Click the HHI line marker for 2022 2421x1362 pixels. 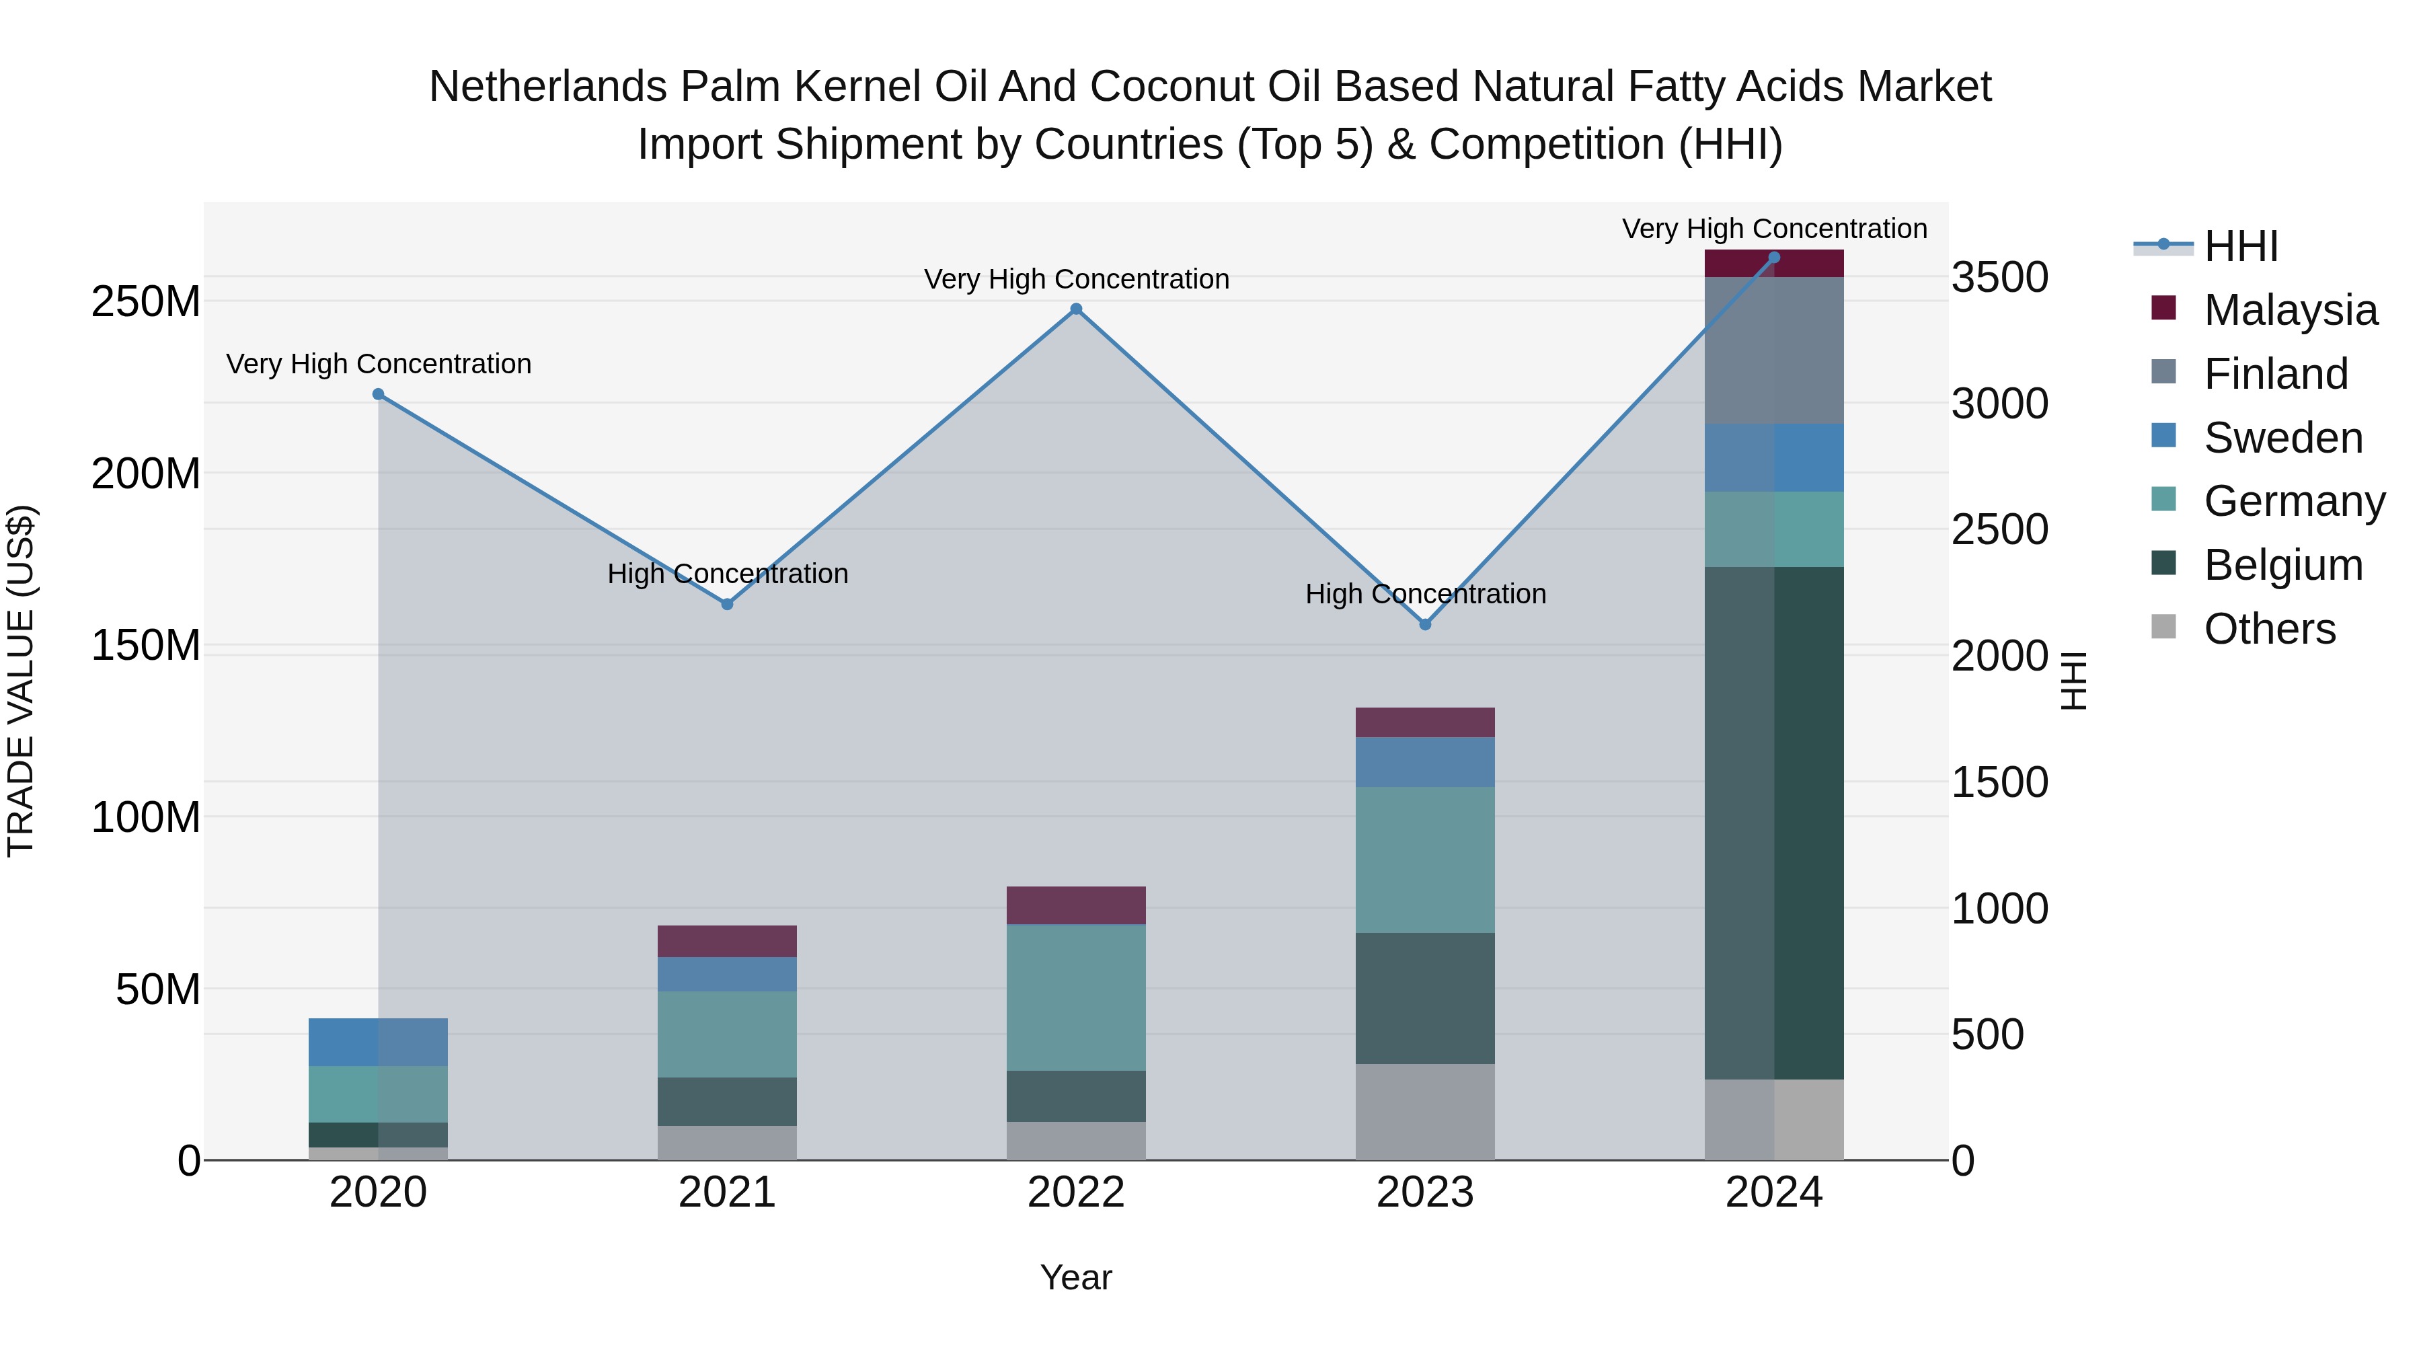click(1076, 309)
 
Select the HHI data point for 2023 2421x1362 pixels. click(1425, 624)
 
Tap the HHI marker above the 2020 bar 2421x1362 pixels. click(379, 395)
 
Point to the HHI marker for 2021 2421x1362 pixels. click(728, 605)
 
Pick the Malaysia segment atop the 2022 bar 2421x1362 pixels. click(1076, 905)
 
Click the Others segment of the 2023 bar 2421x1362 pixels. click(1425, 1111)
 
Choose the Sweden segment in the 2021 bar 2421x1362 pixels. click(728, 974)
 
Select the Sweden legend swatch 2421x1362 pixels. click(2163, 436)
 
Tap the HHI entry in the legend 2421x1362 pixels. click(2241, 246)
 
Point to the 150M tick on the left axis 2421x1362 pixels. click(146, 646)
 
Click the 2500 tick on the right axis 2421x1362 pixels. click(1999, 529)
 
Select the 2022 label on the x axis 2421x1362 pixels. click(1076, 1193)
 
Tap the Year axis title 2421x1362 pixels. click(1076, 1277)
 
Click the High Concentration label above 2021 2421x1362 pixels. click(728, 573)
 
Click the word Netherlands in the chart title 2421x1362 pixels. click(548, 87)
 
